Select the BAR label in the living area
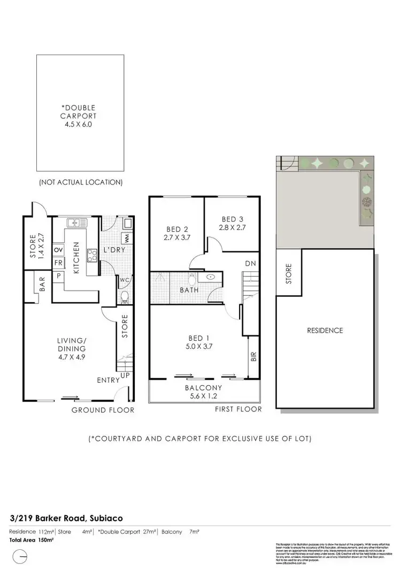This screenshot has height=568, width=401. (41, 283)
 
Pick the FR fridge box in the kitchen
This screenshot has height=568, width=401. (58, 263)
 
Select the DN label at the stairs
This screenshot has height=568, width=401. (249, 264)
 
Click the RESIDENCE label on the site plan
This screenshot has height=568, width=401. (325, 331)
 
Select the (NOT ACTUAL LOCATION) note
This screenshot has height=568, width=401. (81, 182)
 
